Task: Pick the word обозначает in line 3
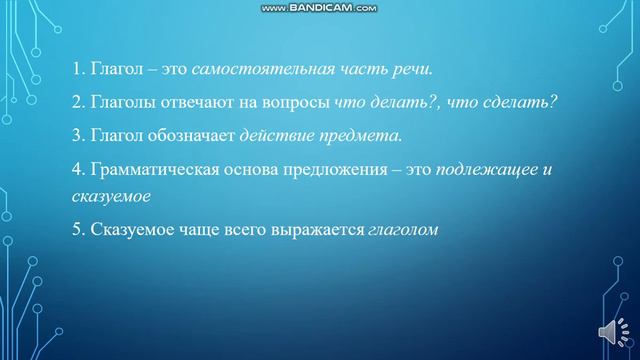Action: tap(189, 136)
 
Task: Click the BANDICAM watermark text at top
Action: tap(320, 8)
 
